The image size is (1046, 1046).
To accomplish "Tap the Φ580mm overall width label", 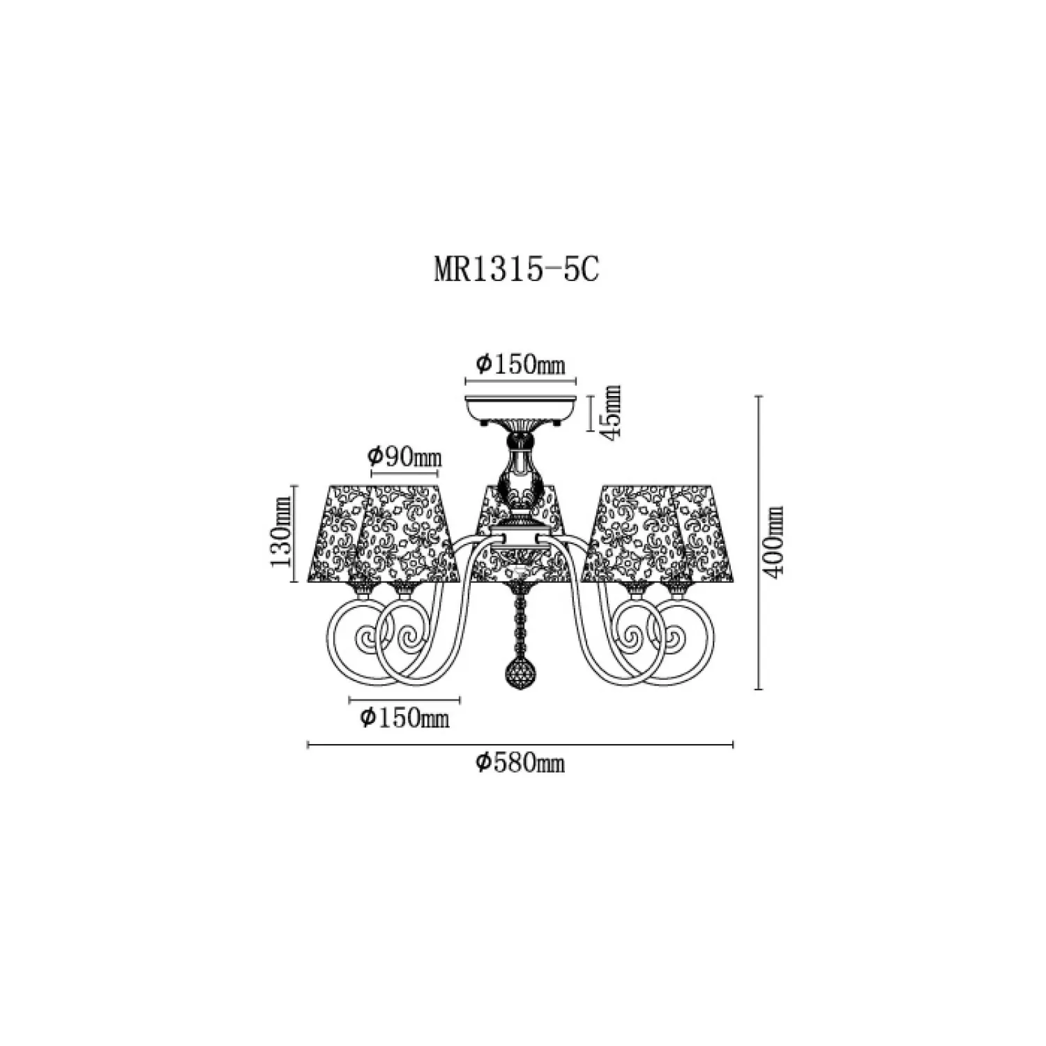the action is click(x=520, y=764).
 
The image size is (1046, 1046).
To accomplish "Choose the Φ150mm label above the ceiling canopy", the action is click(x=520, y=363).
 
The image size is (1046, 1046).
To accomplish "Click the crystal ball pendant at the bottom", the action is click(x=520, y=673).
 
